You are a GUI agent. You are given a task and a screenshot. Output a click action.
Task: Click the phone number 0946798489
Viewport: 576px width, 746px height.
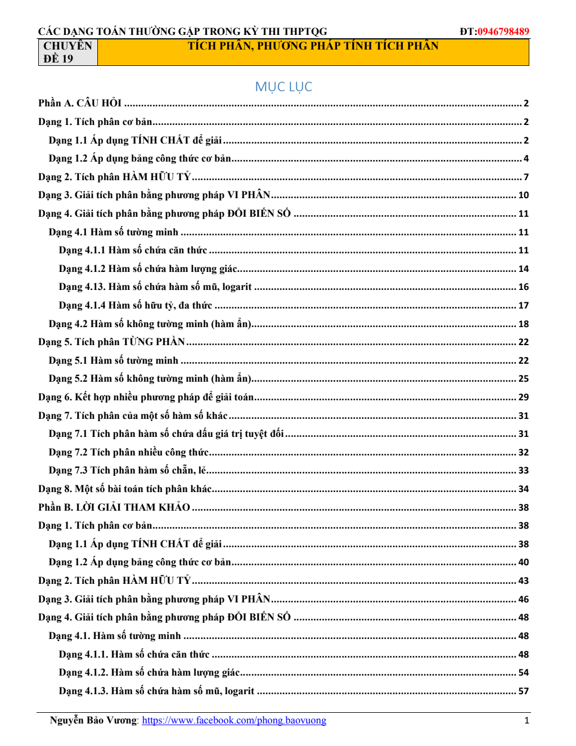coord(503,32)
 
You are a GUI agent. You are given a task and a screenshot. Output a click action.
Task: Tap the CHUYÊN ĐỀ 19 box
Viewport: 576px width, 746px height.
coord(67,52)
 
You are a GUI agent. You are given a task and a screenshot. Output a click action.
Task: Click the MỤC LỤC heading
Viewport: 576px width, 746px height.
coord(283,87)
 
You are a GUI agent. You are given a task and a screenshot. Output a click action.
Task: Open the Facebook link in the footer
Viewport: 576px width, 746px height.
coord(234,720)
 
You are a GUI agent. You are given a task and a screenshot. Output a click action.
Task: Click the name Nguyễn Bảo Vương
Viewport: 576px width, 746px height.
coord(93,720)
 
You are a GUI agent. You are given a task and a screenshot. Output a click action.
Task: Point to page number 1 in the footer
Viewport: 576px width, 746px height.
coord(526,720)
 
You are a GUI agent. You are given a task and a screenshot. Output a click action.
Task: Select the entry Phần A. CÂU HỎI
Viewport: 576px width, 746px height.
coord(80,103)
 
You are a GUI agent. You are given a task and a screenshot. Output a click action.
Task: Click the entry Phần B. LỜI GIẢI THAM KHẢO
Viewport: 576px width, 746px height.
coord(114,507)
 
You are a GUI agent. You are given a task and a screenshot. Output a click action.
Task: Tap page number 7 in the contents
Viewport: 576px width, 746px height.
coord(526,177)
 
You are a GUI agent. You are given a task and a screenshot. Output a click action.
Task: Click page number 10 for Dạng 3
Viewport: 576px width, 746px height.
coord(523,195)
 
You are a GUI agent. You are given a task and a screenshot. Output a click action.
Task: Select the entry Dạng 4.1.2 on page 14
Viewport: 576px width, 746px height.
coord(148,269)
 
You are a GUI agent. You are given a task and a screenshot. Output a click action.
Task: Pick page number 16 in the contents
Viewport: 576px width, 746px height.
coord(523,287)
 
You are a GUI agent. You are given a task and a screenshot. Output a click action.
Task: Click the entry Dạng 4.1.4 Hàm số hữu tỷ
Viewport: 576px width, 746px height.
coord(136,305)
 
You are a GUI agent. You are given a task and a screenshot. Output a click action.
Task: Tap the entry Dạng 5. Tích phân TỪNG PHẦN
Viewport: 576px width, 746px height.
coord(111,342)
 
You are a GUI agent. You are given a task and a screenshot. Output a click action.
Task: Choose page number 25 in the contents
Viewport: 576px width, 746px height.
coord(523,379)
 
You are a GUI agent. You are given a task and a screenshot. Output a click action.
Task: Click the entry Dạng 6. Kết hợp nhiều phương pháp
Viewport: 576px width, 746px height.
coord(146,397)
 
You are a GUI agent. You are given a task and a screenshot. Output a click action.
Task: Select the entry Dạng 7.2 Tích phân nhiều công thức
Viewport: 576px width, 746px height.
coord(128,452)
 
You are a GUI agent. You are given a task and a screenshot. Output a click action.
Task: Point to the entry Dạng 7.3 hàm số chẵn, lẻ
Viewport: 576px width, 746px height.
coord(127,470)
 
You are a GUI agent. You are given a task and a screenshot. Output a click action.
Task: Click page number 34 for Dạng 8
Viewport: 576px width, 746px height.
coord(523,489)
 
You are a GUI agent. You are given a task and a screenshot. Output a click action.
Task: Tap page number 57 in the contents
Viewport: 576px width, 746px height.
coord(523,691)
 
